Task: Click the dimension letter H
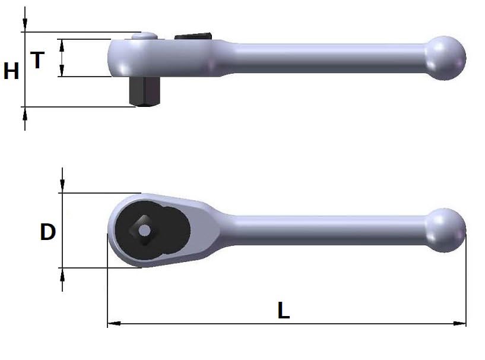tap(11, 71)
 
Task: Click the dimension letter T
tap(37, 60)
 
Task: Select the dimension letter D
tap(48, 232)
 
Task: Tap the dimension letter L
tap(283, 310)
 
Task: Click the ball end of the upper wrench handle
tap(445, 58)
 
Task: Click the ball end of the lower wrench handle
tap(445, 230)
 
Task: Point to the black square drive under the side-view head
tap(144, 91)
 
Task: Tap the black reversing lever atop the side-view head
tap(193, 36)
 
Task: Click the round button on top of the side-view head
tap(145, 36)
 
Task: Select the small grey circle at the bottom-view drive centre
tap(144, 230)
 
